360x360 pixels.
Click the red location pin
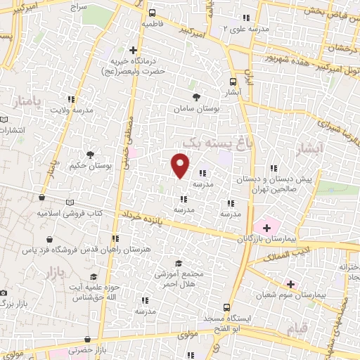point(181,165)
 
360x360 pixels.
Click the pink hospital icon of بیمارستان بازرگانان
point(266,227)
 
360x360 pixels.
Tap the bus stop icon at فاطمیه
point(153,13)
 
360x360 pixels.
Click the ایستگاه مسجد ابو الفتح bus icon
point(226,307)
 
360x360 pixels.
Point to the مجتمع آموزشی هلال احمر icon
point(179,262)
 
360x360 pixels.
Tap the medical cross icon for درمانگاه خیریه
point(133,49)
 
